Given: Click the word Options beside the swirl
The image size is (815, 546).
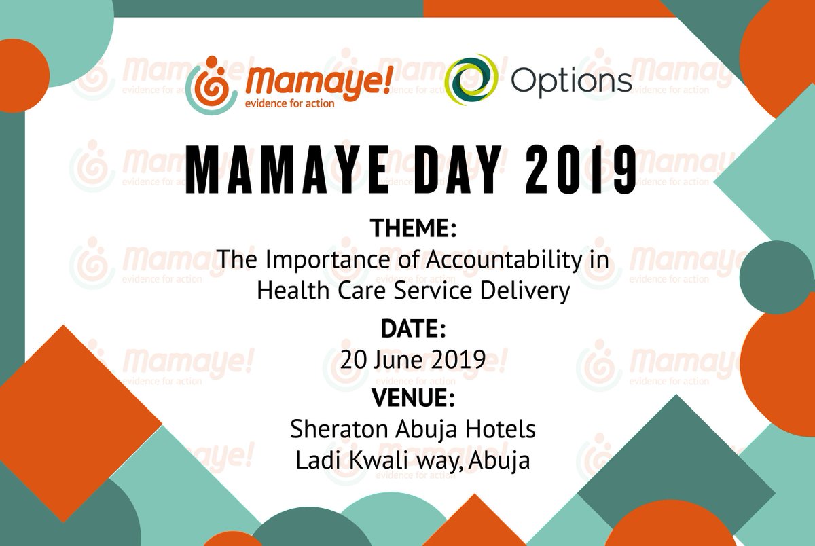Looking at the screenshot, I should [571, 81].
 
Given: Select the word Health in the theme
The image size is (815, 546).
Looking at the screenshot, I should [286, 291].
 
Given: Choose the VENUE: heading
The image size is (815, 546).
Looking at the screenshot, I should [413, 397].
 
